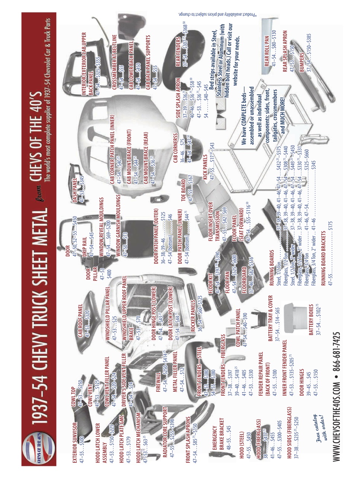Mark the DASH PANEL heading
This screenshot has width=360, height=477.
[75, 190]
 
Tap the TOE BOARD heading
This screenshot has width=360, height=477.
[183, 190]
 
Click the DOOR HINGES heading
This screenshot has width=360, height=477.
[302, 380]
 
